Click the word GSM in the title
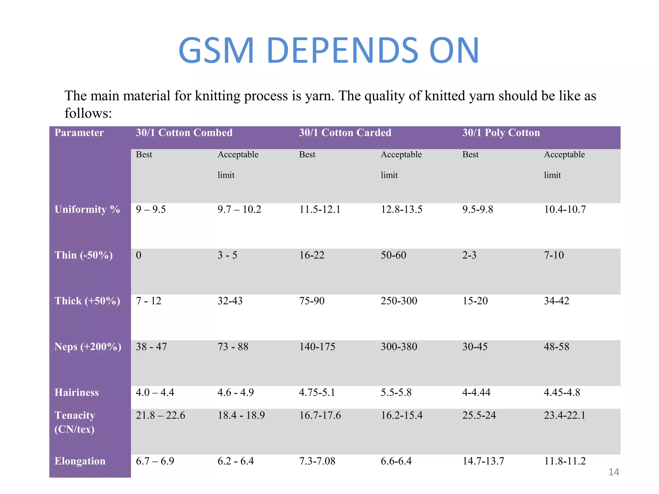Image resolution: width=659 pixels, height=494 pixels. tap(216, 50)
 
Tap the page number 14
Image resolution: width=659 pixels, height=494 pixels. tap(614, 472)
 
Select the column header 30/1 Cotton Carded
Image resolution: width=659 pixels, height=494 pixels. tap(345, 133)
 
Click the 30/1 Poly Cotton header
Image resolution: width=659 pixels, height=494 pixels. tap(501, 133)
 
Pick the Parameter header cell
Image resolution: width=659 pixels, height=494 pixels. tap(79, 133)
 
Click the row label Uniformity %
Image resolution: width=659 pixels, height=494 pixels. tap(87, 209)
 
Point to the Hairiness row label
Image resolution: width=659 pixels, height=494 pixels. tap(77, 392)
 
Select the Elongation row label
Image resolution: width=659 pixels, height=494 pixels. tap(80, 461)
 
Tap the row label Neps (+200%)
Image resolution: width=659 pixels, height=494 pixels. tap(88, 347)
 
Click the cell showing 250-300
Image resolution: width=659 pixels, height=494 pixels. tap(399, 301)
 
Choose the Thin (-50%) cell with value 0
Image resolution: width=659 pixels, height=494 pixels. tap(139, 255)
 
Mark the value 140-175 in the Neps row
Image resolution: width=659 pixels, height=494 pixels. tap(317, 347)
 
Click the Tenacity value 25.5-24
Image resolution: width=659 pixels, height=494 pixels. tap(479, 415)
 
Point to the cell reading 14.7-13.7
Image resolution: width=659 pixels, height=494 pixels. tap(483, 461)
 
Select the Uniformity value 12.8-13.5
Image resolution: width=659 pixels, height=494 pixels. tap(401, 209)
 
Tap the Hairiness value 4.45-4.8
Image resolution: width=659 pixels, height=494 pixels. tap(562, 392)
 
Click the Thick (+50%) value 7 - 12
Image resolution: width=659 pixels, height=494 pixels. tap(148, 301)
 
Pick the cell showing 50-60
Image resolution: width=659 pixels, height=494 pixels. tap(393, 255)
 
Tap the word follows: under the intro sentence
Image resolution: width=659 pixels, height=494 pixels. tap(88, 113)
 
